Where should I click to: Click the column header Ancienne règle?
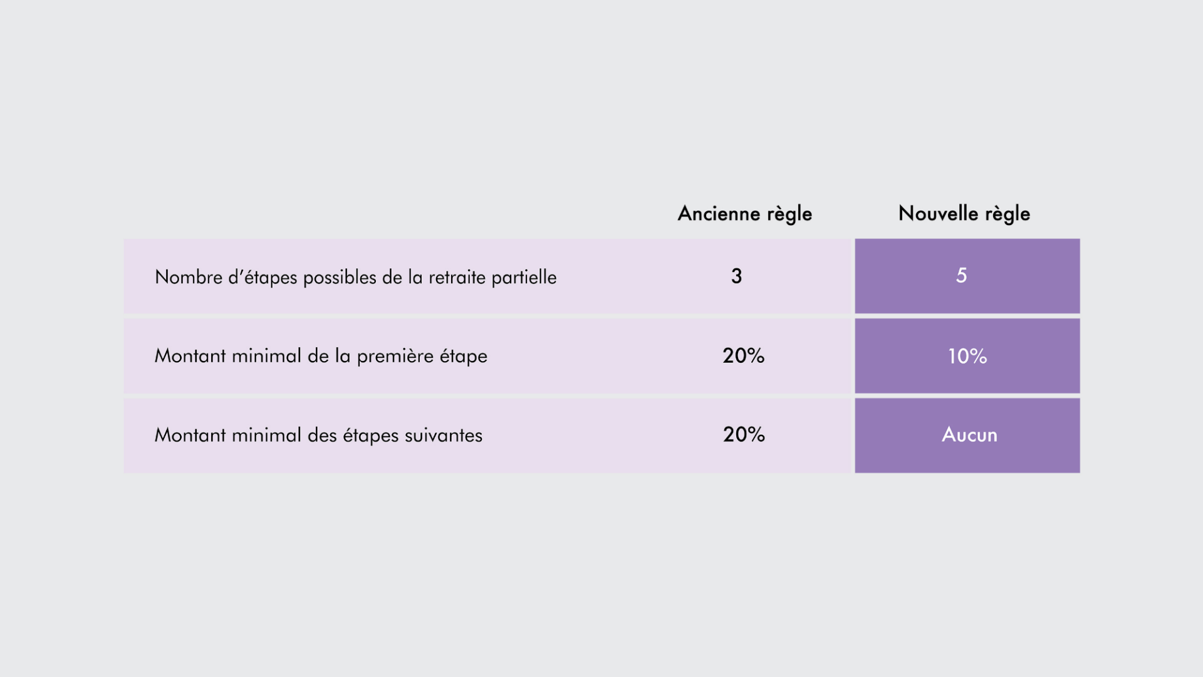[x=744, y=214]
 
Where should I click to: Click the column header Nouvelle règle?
[x=964, y=214]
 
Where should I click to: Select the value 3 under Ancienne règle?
[x=736, y=276]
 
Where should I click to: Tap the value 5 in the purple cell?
[x=961, y=275]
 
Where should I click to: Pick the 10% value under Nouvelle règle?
[x=967, y=356]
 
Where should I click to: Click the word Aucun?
[x=969, y=434]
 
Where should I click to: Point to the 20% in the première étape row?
[x=743, y=355]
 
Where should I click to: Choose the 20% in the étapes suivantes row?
[x=744, y=434]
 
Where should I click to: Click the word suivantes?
[x=444, y=435]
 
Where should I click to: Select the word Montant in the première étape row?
[x=190, y=356]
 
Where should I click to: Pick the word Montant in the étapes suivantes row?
[x=190, y=435]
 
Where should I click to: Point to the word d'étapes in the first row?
[x=263, y=278]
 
